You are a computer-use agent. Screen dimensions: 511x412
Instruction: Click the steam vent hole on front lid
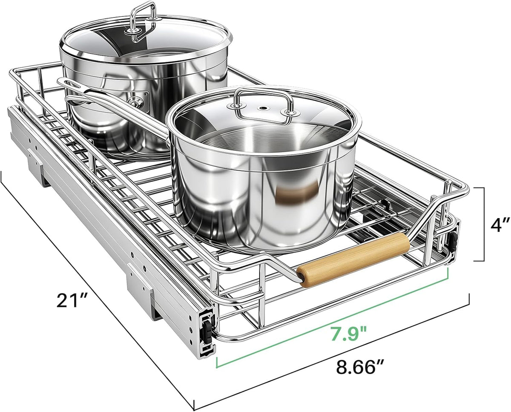click(x=263, y=109)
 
